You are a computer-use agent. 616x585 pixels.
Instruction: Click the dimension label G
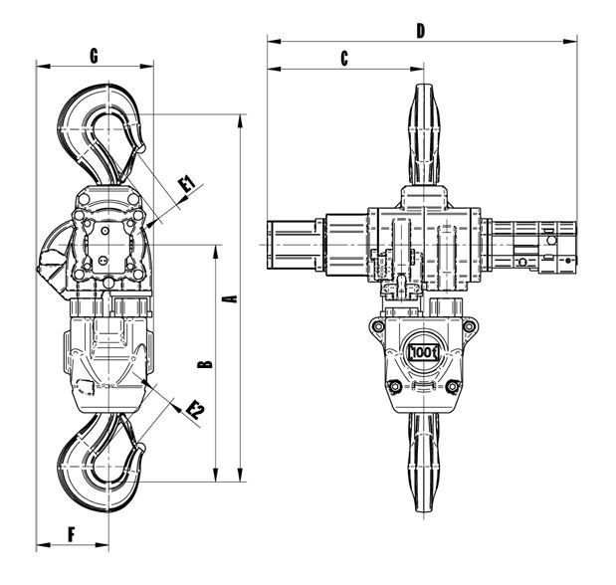[x=93, y=56]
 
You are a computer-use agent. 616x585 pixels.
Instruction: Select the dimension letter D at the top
[x=421, y=31]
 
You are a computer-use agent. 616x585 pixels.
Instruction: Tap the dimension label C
[x=344, y=59]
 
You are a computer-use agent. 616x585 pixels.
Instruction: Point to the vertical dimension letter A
[x=230, y=298]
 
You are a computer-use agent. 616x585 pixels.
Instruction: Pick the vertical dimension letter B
[x=205, y=363]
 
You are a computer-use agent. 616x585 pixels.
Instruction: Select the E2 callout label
[x=195, y=408]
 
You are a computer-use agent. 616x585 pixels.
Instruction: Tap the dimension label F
[x=72, y=533]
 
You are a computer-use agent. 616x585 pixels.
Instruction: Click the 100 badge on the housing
[x=425, y=352]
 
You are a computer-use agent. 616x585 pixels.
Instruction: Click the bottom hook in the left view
[x=100, y=464]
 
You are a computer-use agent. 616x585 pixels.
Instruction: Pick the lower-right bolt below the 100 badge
[x=457, y=386]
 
